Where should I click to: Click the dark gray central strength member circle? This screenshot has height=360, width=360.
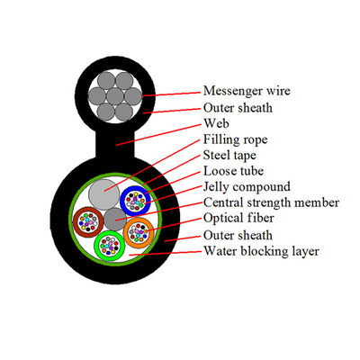(x=113, y=218)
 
